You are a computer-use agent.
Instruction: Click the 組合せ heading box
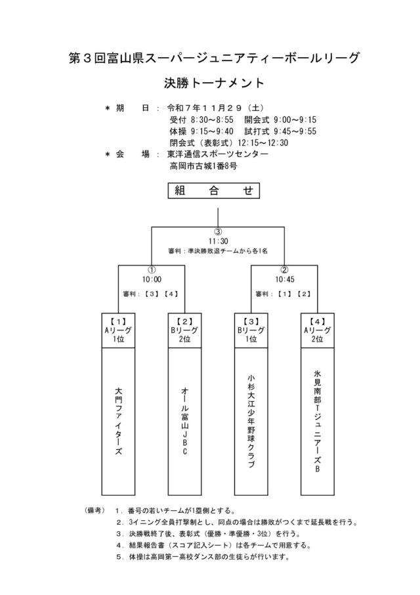[x=214, y=191]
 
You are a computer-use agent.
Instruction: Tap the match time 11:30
[x=217, y=241]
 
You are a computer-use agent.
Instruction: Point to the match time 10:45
[x=284, y=278]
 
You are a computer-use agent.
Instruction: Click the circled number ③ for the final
[x=217, y=232]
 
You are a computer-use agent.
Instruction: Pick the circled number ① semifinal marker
[x=152, y=269]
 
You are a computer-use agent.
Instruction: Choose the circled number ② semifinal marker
[x=284, y=269]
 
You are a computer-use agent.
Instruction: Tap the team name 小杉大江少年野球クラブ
[x=251, y=421]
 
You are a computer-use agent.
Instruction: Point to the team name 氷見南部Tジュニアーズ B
[x=317, y=421]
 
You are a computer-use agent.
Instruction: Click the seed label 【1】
[x=119, y=320]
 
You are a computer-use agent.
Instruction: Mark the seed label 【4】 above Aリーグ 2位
[x=317, y=320]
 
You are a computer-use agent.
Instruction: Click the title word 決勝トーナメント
[x=214, y=83]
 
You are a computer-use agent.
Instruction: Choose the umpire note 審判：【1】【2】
[x=283, y=294]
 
